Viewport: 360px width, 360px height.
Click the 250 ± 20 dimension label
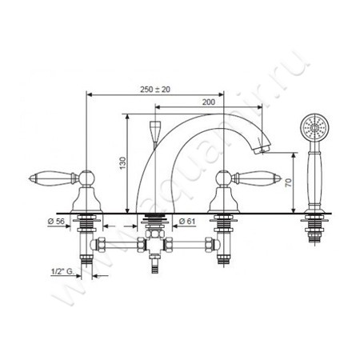pos(155,90)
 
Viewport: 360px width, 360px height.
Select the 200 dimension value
pos(208,102)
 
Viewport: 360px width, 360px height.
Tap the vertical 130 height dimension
pos(122,163)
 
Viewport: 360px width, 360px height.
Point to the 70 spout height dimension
pos(289,182)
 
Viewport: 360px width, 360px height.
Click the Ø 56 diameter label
pos(56,221)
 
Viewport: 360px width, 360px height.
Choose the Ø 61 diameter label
pos(187,221)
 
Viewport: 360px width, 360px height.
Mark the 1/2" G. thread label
pos(62,271)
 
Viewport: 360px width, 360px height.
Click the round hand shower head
pos(314,127)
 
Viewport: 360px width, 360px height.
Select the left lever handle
pos(54,178)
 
